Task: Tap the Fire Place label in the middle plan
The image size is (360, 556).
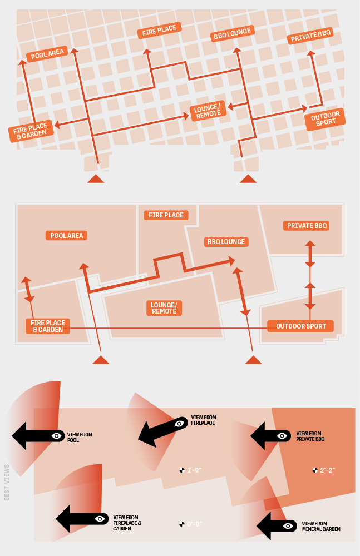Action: coord(166,215)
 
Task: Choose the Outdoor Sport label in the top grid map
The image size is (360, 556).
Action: coord(325,119)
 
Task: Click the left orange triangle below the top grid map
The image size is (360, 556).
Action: coord(96,178)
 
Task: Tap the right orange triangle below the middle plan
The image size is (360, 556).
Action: coord(253,360)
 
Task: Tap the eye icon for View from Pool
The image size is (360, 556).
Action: coord(56,436)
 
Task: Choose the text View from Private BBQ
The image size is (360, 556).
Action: coord(310,436)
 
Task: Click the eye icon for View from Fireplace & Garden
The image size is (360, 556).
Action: coord(100,519)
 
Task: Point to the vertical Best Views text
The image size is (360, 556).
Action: coord(7,482)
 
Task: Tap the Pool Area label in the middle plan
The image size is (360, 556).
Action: coord(66,236)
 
